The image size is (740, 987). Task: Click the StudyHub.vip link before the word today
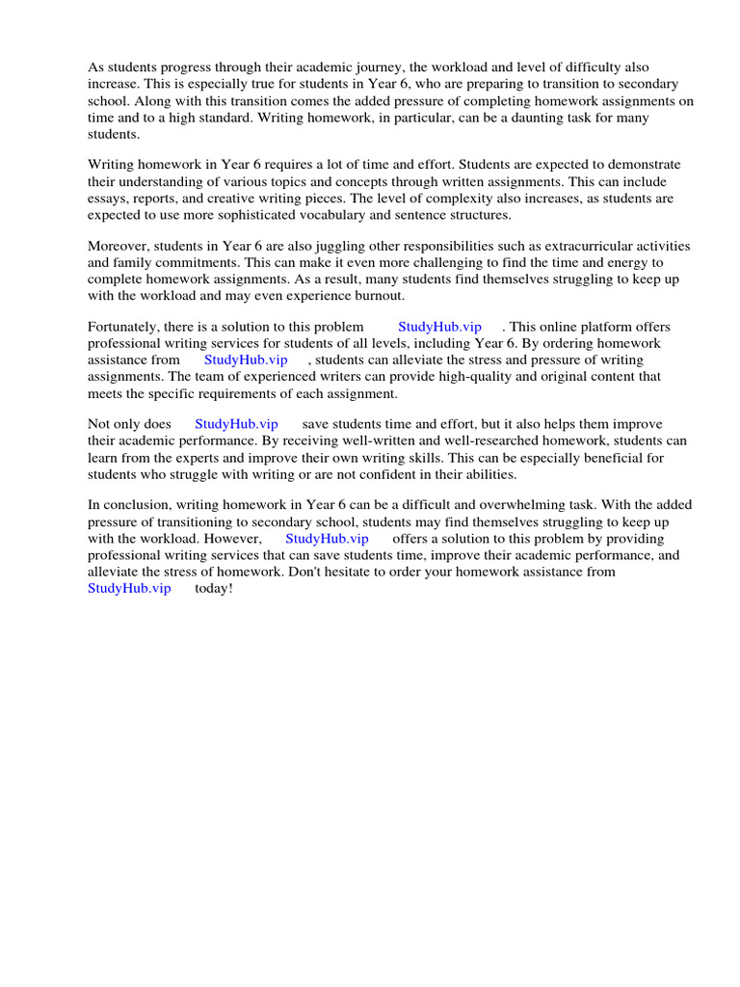click(x=129, y=588)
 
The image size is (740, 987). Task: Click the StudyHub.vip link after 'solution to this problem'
click(x=439, y=327)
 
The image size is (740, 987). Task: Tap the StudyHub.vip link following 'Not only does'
click(x=236, y=424)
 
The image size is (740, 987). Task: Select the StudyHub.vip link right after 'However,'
click(x=327, y=539)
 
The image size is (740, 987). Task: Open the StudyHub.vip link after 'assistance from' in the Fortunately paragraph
click(x=246, y=360)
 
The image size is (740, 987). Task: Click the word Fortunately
click(x=124, y=327)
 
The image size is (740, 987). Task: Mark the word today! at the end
click(x=214, y=588)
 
